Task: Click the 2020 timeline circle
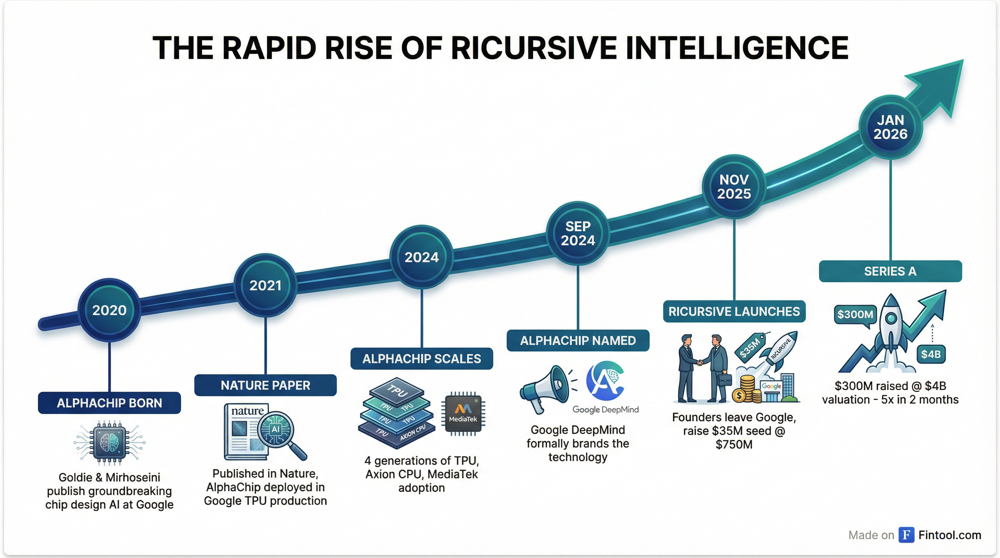109,310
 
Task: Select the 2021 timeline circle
266,286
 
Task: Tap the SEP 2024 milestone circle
578,233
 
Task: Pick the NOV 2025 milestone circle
734,187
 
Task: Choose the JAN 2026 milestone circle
890,127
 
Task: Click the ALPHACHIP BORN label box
109,403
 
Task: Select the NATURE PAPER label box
266,385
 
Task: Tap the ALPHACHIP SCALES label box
422,359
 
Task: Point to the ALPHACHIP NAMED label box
578,340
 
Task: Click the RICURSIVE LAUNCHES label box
734,311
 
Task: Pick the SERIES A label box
890,271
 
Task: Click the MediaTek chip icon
463,414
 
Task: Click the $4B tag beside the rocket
931,354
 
